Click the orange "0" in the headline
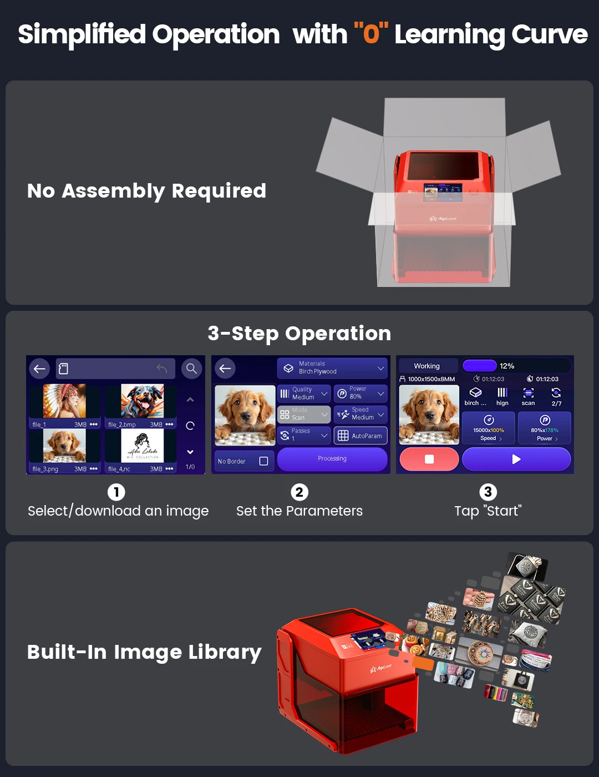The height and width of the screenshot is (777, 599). tap(371, 34)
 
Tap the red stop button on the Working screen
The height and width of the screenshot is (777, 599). tap(429, 459)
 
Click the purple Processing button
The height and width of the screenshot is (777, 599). tap(332, 459)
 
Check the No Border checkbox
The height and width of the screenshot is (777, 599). tap(263, 461)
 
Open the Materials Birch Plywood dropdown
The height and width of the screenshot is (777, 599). tap(332, 368)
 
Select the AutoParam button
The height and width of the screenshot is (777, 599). tap(361, 436)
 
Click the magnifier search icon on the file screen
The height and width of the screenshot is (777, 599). tap(191, 369)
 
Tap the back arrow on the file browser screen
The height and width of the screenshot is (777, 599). tap(39, 369)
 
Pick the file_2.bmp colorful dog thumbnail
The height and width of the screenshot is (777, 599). tap(143, 401)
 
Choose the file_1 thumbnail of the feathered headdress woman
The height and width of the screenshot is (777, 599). tap(65, 401)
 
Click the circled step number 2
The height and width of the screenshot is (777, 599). tap(299, 492)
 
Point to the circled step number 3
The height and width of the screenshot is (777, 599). tap(488, 492)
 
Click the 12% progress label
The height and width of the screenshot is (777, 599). tap(507, 366)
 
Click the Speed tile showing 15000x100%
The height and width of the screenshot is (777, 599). tap(489, 428)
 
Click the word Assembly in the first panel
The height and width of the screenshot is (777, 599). tap(113, 191)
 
